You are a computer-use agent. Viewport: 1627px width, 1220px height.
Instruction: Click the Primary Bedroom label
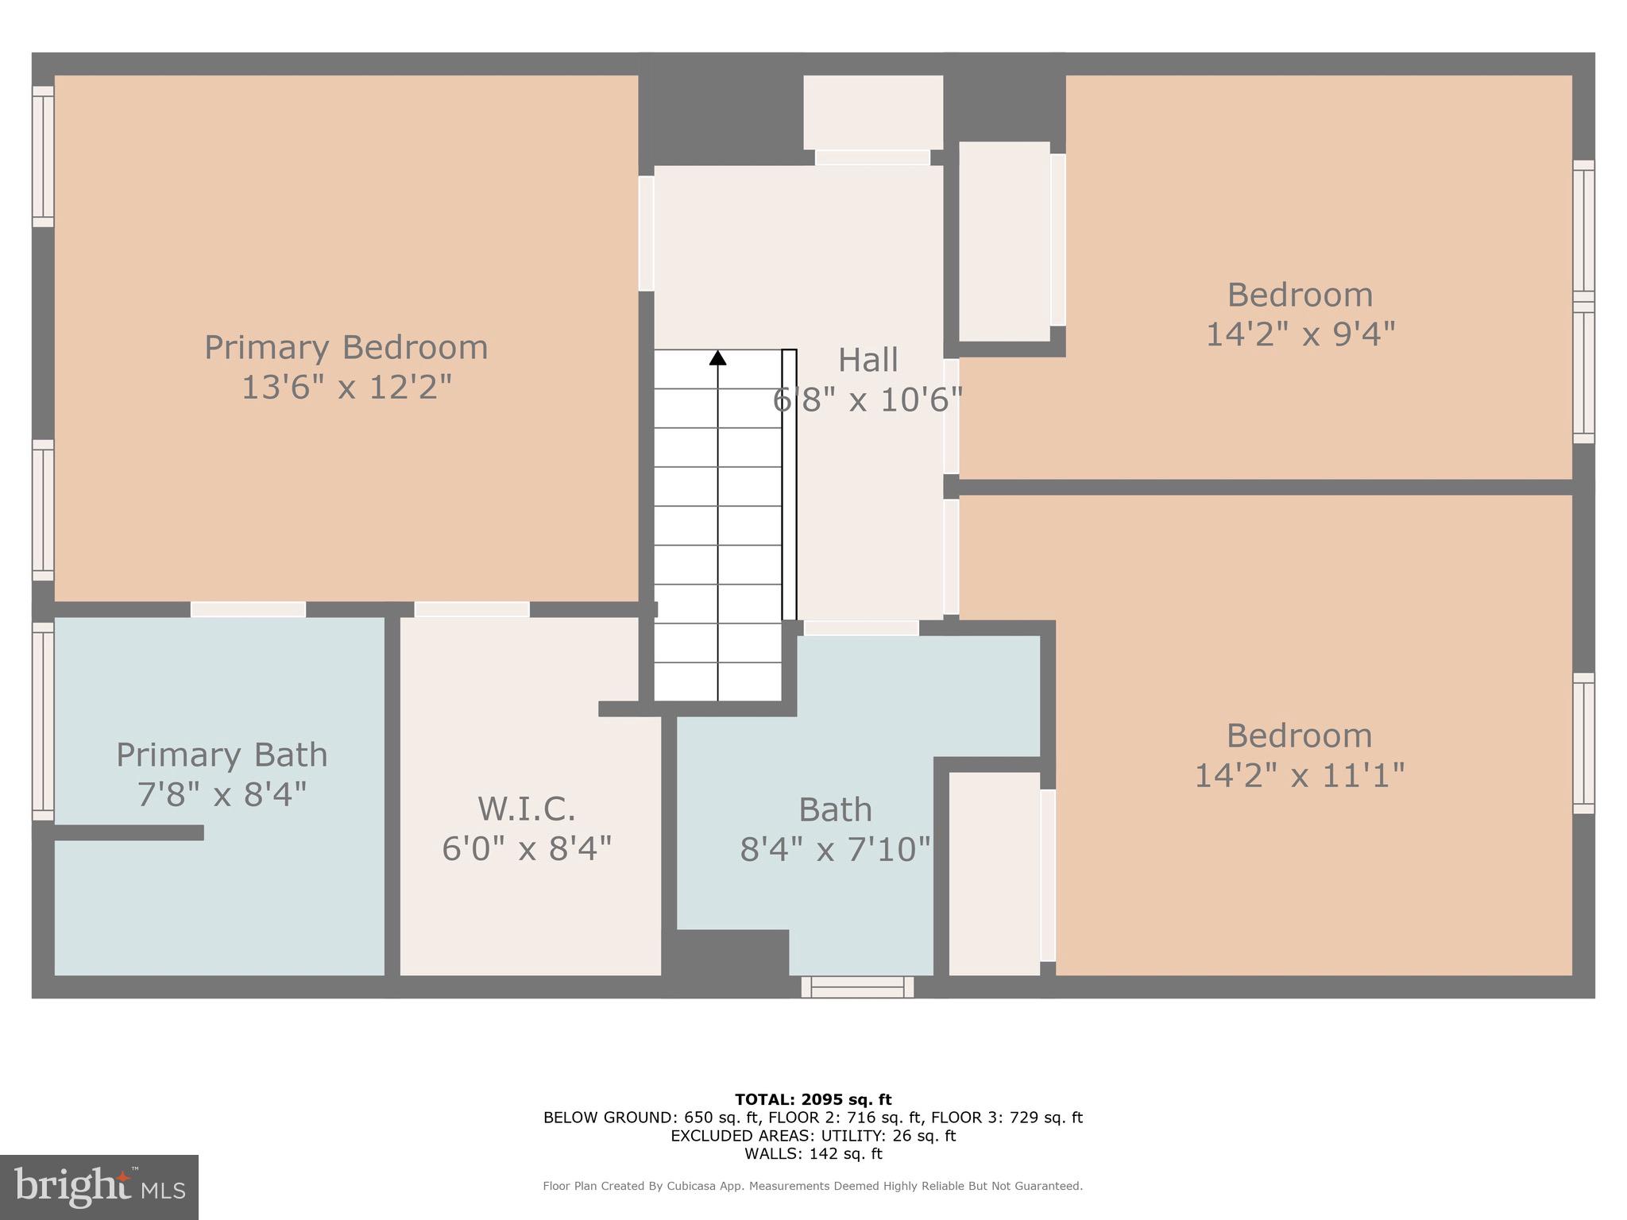coord(346,348)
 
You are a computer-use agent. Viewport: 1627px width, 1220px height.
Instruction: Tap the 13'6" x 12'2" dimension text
coord(346,388)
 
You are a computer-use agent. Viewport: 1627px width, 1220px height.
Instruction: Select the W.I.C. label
coord(526,809)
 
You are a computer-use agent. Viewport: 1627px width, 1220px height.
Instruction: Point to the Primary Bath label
coord(222,755)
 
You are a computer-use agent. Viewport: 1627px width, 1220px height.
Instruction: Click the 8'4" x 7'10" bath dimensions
coord(834,850)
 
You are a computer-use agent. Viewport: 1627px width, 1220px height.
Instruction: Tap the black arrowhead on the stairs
coord(717,358)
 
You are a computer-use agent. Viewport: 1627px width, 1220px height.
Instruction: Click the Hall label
coord(868,360)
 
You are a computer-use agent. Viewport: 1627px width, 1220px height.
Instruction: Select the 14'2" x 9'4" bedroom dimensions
coord(1300,334)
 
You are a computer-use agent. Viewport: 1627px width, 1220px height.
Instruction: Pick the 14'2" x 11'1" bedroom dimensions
coord(1299,775)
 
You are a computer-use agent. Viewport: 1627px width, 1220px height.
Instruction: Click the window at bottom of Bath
coord(857,987)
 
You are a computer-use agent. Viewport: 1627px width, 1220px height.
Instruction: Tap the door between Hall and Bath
coord(861,627)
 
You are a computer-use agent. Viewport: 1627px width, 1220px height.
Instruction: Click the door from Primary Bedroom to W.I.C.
coord(472,609)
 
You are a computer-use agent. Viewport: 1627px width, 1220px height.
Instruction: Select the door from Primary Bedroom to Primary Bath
coord(248,609)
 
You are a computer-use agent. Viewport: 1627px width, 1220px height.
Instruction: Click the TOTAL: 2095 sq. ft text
coord(813,1100)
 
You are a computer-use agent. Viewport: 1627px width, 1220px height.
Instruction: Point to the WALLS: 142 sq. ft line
coord(813,1154)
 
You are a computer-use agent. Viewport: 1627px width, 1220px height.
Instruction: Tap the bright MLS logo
coord(99,1187)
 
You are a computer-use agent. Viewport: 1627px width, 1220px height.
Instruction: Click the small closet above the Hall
coord(872,112)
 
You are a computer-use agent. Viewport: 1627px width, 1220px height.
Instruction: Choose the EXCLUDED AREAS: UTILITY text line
coord(813,1136)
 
